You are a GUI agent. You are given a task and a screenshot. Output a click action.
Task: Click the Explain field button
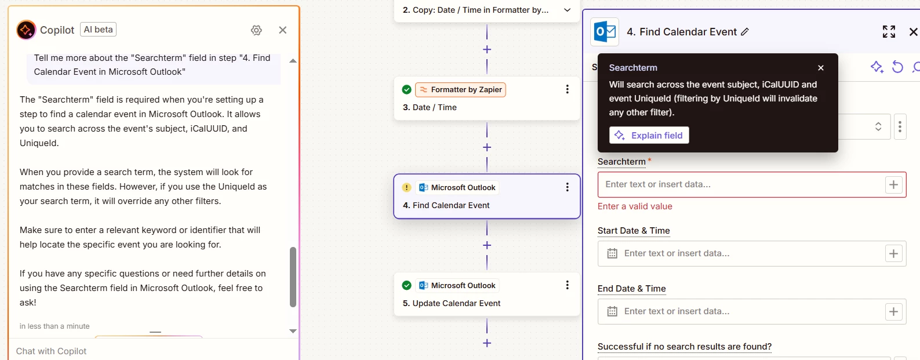(x=649, y=136)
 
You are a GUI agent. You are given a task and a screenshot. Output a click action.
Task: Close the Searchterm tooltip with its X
(x=821, y=68)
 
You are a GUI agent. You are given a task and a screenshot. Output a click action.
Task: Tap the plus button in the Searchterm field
(x=893, y=185)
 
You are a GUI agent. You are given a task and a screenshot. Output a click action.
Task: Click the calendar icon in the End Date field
(x=612, y=311)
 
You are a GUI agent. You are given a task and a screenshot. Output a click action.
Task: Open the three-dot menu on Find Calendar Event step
(x=567, y=187)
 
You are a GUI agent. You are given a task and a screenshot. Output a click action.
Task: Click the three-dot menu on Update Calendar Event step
(x=567, y=285)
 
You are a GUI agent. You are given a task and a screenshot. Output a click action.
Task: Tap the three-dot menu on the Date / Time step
(x=567, y=89)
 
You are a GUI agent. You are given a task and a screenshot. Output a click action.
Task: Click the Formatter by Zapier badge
(x=460, y=89)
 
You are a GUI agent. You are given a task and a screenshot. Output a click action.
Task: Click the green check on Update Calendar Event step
(x=406, y=285)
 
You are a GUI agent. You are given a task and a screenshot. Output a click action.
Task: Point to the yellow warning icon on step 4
(x=406, y=188)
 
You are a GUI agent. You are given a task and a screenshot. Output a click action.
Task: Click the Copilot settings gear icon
(x=256, y=30)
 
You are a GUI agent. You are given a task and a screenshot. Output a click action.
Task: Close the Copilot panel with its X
(x=282, y=30)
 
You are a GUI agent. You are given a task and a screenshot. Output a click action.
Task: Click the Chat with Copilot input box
(x=152, y=351)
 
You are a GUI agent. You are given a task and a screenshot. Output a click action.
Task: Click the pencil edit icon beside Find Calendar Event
(x=745, y=32)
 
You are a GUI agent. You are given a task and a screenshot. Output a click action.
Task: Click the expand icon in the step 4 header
(x=889, y=32)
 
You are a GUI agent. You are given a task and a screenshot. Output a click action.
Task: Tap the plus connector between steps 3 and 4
(x=487, y=147)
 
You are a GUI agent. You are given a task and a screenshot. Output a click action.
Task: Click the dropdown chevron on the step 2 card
(x=567, y=10)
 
